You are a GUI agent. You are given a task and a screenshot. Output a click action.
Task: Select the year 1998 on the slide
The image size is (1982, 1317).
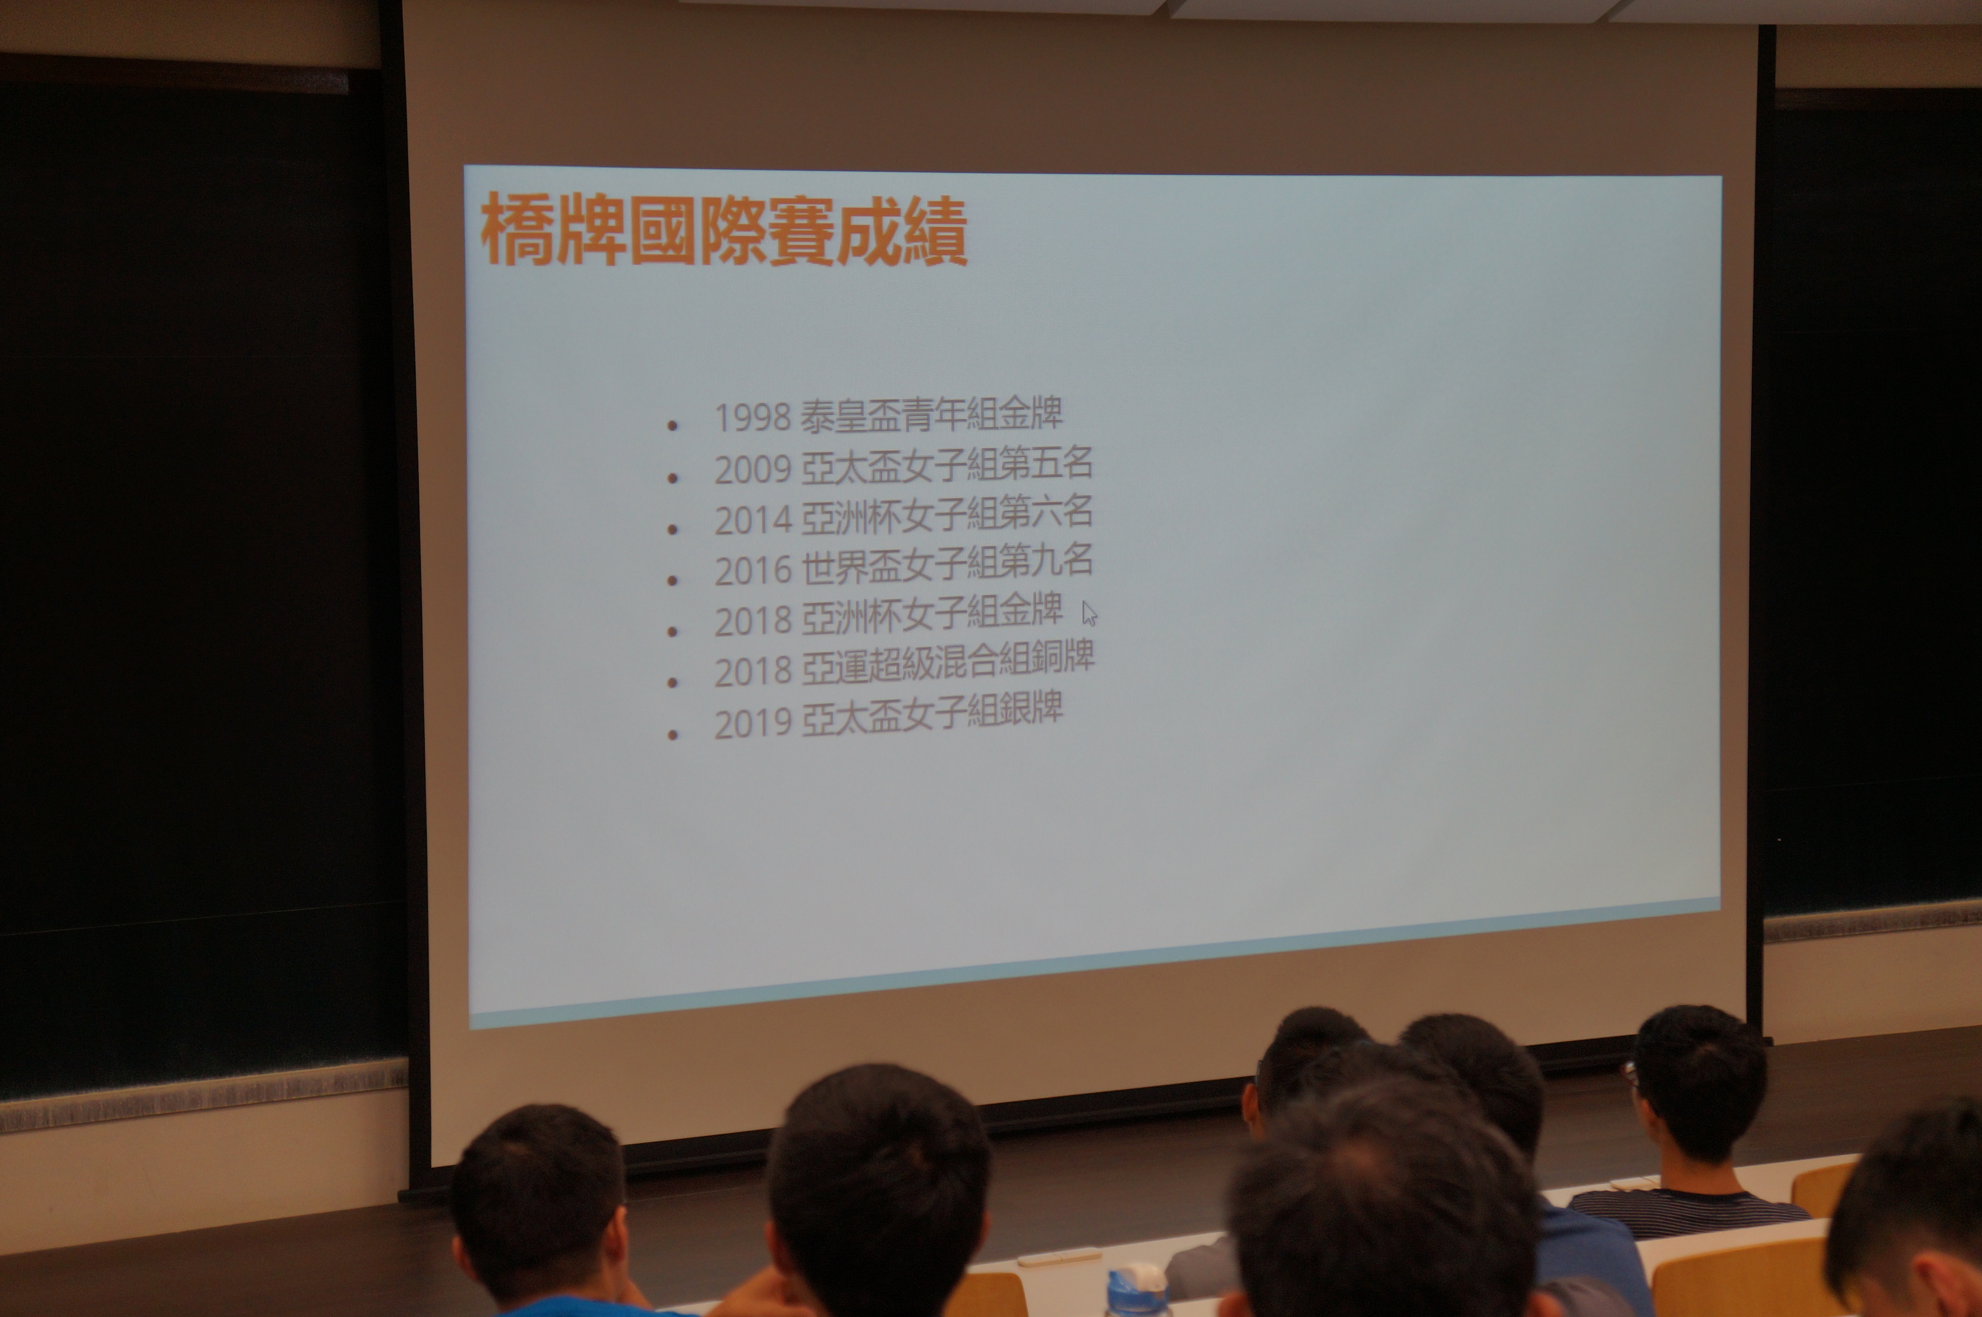(x=753, y=418)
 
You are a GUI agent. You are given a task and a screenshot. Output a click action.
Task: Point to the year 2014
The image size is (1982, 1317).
(x=753, y=520)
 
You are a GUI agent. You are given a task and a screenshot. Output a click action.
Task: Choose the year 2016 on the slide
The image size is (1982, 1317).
(x=753, y=570)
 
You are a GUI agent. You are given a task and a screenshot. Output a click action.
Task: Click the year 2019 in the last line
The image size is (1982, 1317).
(x=753, y=722)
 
